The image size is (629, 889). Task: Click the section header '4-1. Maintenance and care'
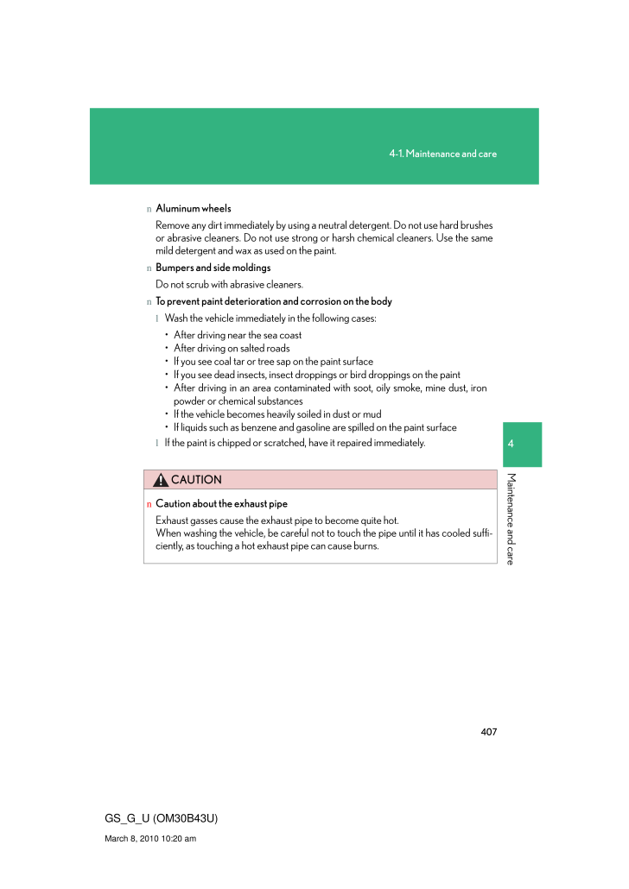(442, 154)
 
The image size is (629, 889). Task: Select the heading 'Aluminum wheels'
(193, 209)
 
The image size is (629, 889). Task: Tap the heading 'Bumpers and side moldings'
(213, 268)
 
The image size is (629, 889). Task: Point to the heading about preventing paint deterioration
(273, 301)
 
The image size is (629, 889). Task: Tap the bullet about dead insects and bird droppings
(316, 375)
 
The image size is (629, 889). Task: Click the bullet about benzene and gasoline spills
(314, 427)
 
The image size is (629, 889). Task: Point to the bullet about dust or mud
(276, 414)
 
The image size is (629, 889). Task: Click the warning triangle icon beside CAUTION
(161, 480)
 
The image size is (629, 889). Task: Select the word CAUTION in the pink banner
(196, 480)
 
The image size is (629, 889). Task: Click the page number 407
(488, 732)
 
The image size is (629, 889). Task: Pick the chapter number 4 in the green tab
(511, 444)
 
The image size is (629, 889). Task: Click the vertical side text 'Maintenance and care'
(511, 519)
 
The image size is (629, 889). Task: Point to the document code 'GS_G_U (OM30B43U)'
(160, 817)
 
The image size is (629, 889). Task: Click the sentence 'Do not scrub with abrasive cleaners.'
(229, 285)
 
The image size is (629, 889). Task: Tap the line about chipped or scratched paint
(295, 443)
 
